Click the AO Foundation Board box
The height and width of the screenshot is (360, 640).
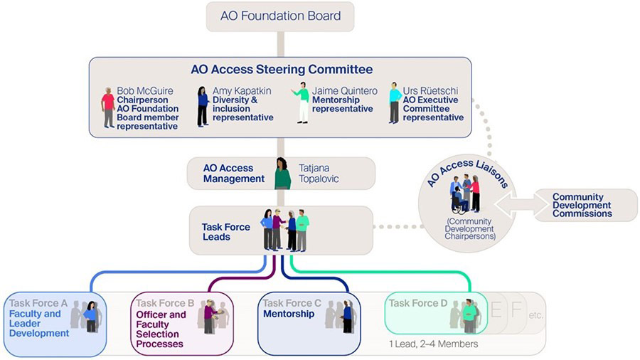tap(280, 16)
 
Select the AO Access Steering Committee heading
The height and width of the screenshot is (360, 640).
tap(281, 70)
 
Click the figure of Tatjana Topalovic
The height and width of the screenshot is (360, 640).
tap(282, 174)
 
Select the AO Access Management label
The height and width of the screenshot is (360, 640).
tap(233, 174)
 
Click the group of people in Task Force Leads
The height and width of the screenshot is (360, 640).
tap(285, 230)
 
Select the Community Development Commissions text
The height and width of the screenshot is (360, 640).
tap(582, 205)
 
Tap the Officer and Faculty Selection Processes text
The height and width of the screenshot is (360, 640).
tap(160, 329)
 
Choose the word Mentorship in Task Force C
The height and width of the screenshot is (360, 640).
tap(289, 314)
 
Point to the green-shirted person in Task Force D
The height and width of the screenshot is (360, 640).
tap(469, 316)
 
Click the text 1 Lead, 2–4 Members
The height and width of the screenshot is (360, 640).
tap(434, 344)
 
